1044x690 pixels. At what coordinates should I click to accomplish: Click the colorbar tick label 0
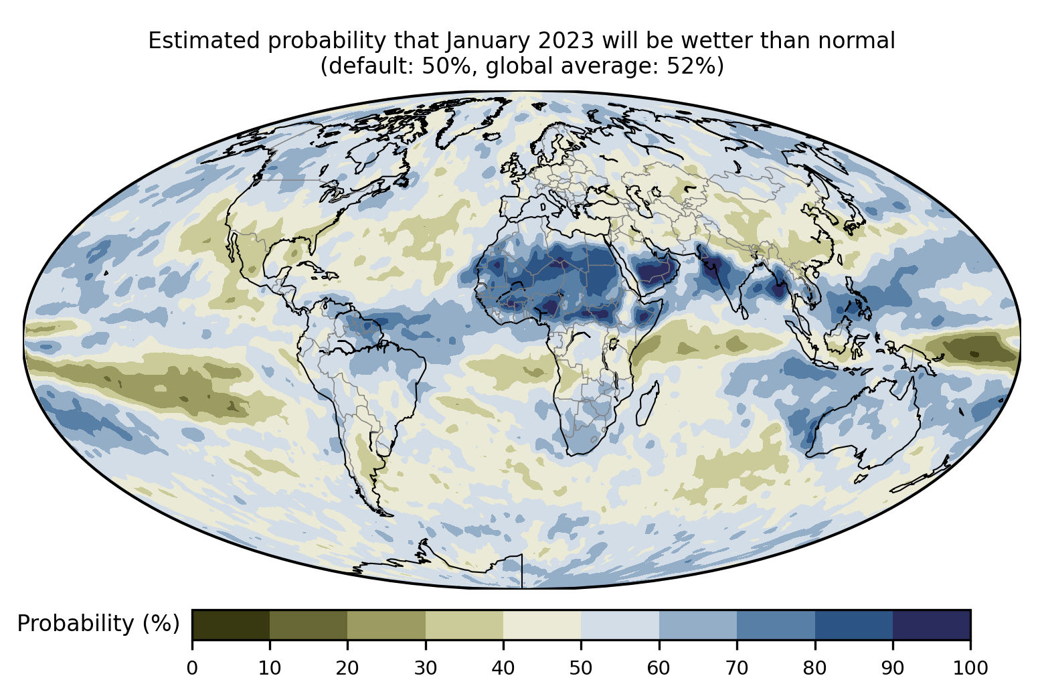(x=192, y=668)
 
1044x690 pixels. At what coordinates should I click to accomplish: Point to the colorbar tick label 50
(x=581, y=668)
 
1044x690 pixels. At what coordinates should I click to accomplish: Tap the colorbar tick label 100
(x=970, y=668)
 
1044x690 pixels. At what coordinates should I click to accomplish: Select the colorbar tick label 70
(x=737, y=668)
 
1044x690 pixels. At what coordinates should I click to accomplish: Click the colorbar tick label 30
(x=426, y=668)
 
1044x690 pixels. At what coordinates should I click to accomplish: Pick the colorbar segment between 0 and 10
(x=231, y=625)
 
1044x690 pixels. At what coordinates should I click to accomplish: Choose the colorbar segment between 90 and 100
(x=931, y=625)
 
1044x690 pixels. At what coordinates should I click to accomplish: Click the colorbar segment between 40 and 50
(x=542, y=625)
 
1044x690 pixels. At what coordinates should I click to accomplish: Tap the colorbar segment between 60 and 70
(x=697, y=625)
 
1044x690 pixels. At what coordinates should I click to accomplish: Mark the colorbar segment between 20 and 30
(x=387, y=625)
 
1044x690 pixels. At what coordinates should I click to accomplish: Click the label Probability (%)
(x=98, y=624)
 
